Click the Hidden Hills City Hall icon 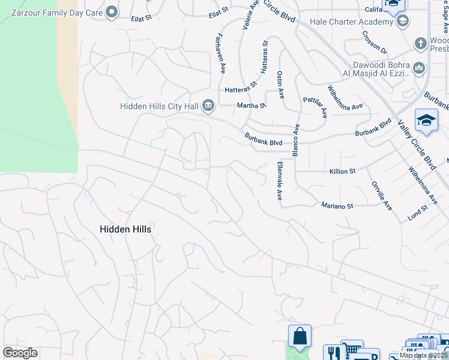pyautogui.click(x=208, y=106)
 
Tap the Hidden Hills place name pyautogui.click(x=125, y=229)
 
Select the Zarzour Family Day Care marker pyautogui.click(x=112, y=12)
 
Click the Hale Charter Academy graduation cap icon pyautogui.click(x=403, y=22)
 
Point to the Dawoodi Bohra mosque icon pyautogui.click(x=420, y=69)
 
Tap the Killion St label pyautogui.click(x=343, y=171)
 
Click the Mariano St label pyautogui.click(x=337, y=206)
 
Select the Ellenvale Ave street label pyautogui.click(x=279, y=181)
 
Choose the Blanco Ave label pyautogui.click(x=295, y=140)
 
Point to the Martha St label pyautogui.click(x=252, y=106)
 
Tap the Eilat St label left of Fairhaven pyautogui.click(x=142, y=19)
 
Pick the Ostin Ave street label pyautogui.click(x=280, y=84)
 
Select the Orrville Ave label pyautogui.click(x=382, y=195)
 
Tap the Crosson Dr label pyautogui.click(x=375, y=42)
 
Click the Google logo pyautogui.click(x=20, y=353)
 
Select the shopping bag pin pyautogui.click(x=300, y=336)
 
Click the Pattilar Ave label pyautogui.click(x=316, y=106)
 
